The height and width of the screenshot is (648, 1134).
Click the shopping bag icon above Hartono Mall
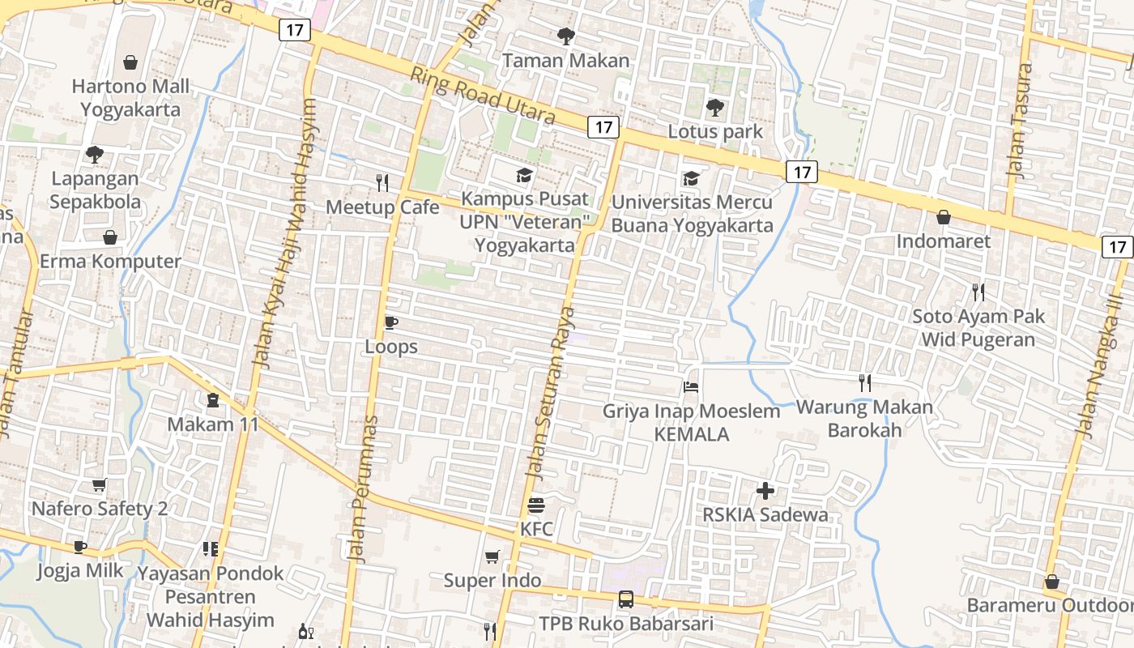130,62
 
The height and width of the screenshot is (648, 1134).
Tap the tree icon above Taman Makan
565,36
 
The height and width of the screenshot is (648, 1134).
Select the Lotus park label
715,131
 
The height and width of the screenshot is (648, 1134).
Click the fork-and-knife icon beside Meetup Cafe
382,183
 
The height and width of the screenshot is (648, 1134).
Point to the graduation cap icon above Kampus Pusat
525,175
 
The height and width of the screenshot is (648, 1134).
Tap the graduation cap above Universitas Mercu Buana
691,178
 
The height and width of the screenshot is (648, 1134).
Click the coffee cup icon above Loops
390,323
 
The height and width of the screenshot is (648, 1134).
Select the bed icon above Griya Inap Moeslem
691,387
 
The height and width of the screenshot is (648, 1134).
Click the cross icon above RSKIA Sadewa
765,491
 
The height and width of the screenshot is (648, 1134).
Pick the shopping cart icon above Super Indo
492,557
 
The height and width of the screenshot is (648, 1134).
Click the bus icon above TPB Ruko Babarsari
626,599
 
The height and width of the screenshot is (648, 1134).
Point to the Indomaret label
943,241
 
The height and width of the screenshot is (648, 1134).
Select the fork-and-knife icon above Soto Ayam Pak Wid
978,292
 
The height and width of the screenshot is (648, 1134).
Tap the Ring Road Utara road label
483,96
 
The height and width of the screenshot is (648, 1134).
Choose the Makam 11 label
213,424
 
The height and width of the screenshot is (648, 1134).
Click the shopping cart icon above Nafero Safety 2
99,485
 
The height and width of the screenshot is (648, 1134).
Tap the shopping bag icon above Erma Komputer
110,237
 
